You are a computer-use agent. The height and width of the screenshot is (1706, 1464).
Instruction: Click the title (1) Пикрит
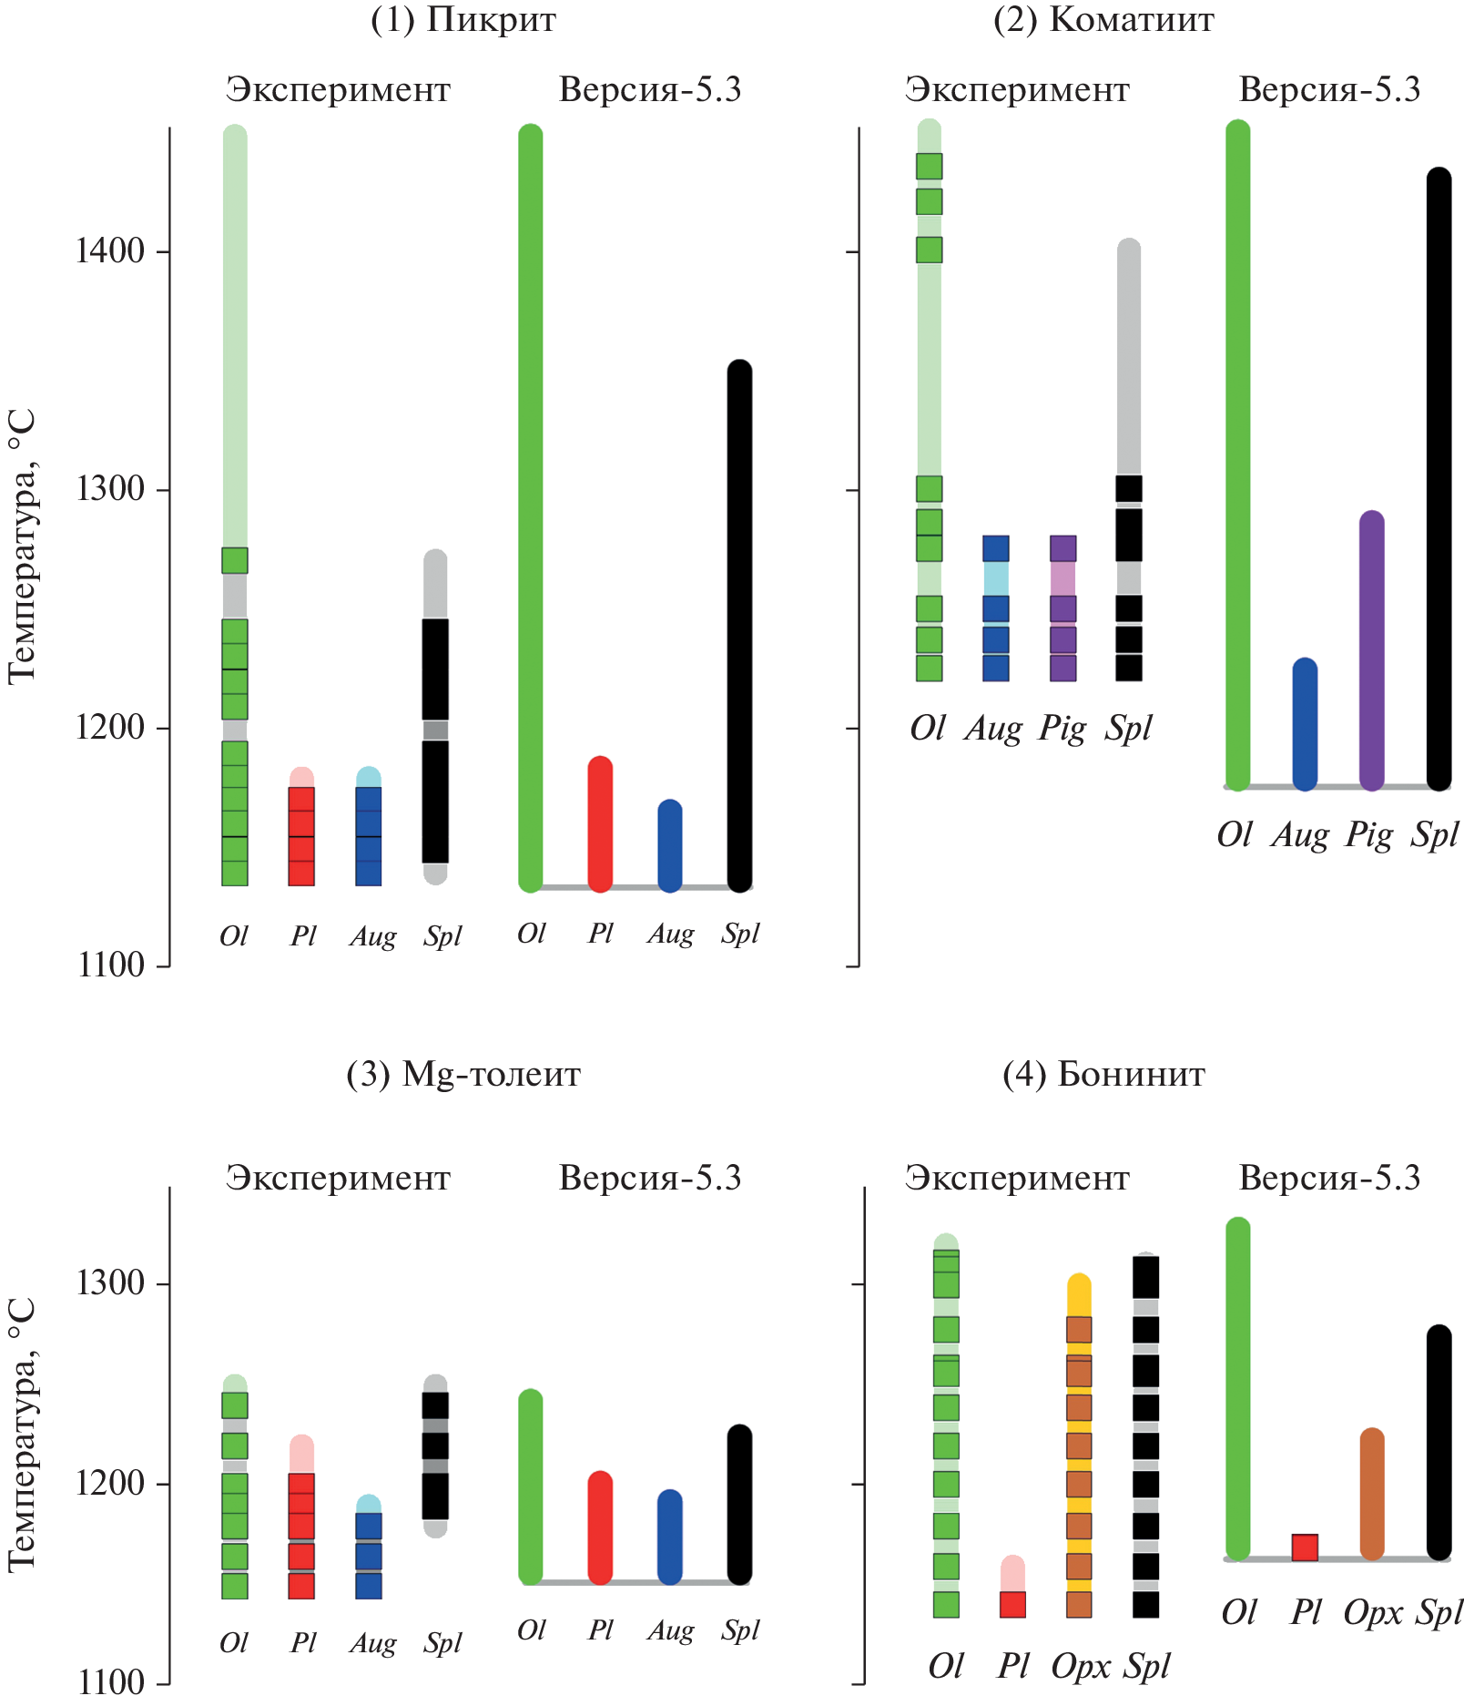[463, 20]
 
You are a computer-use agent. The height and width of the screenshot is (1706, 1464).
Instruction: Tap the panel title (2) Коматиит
[1103, 20]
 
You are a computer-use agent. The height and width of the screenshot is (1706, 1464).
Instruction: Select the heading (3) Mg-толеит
[463, 1075]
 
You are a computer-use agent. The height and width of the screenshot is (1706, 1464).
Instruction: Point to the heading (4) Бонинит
[1103, 1075]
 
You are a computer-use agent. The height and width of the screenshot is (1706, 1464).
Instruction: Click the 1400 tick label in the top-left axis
[110, 250]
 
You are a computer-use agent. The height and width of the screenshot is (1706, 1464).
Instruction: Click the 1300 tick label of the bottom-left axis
[110, 1283]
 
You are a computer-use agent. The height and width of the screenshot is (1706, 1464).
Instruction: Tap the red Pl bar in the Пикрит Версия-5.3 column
[600, 824]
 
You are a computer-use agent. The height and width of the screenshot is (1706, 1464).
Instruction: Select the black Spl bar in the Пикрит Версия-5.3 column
[739, 626]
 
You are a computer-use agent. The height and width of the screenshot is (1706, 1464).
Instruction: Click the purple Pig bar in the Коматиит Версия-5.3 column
[1371, 650]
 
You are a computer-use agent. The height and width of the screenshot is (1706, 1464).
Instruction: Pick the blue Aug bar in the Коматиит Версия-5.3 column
[1305, 724]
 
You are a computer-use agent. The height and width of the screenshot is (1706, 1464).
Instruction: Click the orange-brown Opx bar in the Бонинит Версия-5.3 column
[1371, 1494]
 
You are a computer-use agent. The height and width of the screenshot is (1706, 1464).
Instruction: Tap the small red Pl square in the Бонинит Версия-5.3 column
[1305, 1548]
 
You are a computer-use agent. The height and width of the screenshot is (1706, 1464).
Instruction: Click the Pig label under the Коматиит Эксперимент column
[1062, 729]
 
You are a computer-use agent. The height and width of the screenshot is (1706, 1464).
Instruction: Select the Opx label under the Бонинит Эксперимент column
[1080, 1666]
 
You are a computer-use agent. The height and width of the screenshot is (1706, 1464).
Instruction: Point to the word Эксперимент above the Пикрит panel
[338, 90]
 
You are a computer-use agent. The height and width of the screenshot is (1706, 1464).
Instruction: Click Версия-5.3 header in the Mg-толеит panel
[650, 1179]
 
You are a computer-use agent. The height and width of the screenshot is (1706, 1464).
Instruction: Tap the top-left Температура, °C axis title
[22, 547]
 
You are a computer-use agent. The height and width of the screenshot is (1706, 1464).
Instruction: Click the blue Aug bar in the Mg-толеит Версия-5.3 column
[669, 1537]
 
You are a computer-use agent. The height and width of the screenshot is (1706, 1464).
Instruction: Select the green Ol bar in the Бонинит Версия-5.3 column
[1237, 1388]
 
